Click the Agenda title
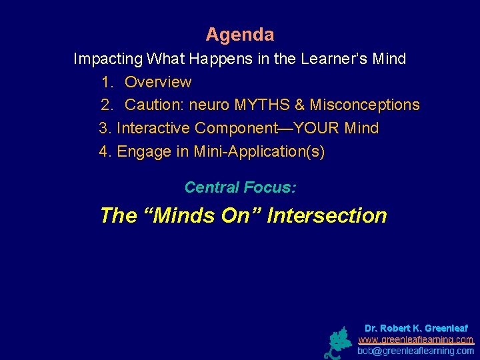tap(239, 34)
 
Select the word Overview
tap(158, 82)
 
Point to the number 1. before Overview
tap(107, 82)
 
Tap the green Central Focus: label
tap(240, 187)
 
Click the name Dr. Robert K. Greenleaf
tap(416, 329)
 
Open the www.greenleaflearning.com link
tap(416, 339)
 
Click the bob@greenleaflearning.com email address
tap(416, 350)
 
